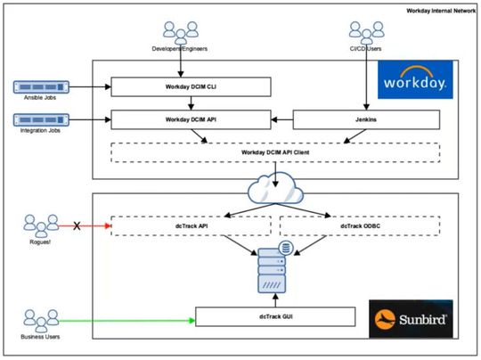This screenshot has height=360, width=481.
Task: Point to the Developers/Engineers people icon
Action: (181, 34)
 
